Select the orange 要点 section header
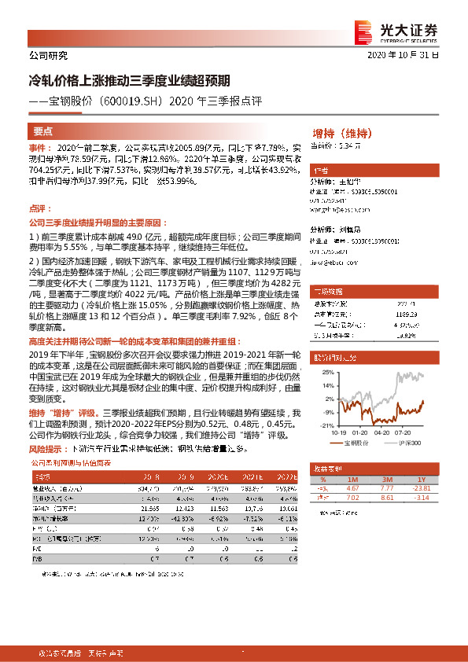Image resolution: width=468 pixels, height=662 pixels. [x=43, y=131]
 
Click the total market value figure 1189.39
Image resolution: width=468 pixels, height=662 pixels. [x=407, y=312]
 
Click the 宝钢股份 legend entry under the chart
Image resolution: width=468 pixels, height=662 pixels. [x=358, y=443]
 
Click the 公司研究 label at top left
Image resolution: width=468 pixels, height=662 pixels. [x=48, y=56]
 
